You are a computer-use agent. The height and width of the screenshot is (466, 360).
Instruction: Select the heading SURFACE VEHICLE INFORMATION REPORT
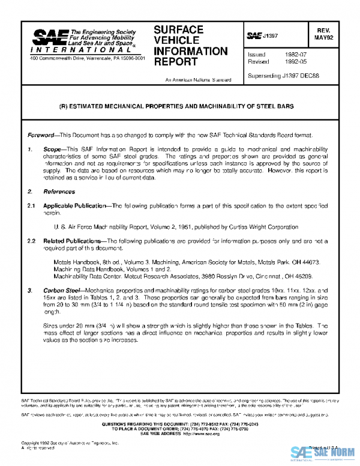coord(191,45)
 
